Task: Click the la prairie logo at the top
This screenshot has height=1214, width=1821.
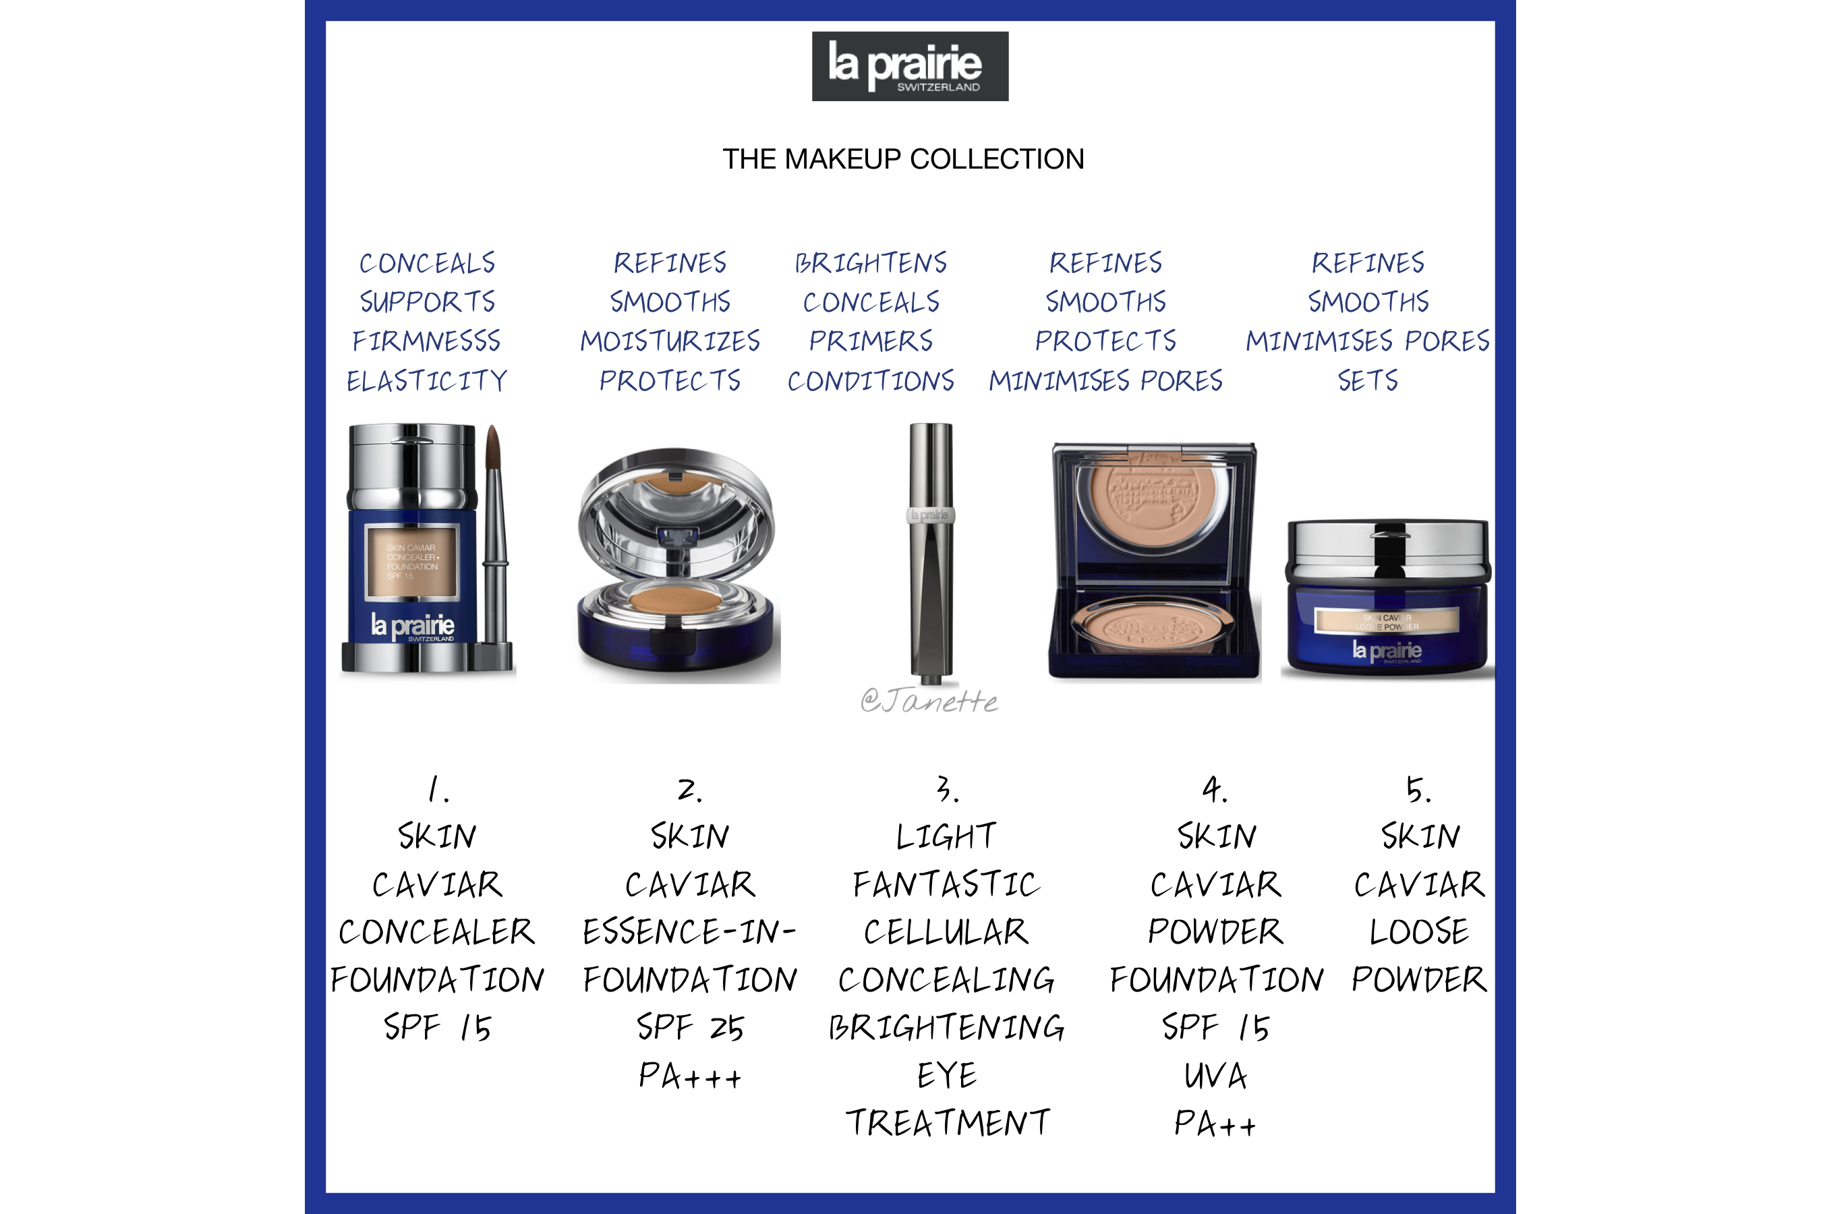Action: coord(910,67)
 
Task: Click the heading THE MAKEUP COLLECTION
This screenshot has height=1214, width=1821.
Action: coord(903,158)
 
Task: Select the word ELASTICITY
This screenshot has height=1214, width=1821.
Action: coord(427,380)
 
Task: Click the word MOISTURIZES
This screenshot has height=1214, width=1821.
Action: coord(670,341)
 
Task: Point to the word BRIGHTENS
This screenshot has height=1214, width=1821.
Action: coord(870,262)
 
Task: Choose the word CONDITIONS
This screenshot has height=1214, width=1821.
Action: coord(870,380)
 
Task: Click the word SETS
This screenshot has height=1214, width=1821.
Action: coord(1367,380)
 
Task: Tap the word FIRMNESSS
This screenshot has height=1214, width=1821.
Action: coord(427,341)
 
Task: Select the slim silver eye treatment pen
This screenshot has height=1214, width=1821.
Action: coord(931,551)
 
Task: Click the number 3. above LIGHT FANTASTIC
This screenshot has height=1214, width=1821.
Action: coord(947,789)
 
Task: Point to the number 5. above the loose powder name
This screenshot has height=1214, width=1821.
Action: coord(1418,789)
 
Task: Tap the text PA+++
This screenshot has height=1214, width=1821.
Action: coord(690,1076)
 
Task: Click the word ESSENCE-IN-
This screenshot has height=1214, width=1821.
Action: coord(689,931)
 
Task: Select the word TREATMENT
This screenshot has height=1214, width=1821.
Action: coord(947,1123)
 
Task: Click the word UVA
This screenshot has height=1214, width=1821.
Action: coord(1215,1076)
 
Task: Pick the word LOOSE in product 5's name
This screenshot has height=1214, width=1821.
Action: coord(1418,931)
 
